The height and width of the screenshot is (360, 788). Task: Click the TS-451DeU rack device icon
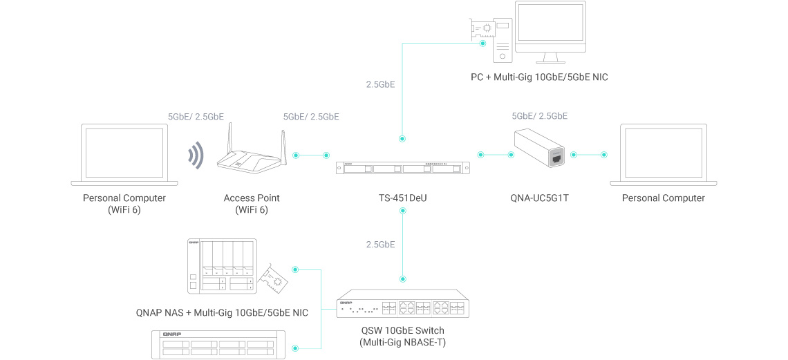[x=402, y=169]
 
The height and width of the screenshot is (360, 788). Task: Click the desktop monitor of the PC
[x=551, y=30]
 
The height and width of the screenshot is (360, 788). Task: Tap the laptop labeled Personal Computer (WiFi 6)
[x=124, y=155]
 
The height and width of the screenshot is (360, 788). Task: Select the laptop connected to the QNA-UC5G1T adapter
[x=663, y=155]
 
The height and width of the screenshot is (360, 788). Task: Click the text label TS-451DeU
[x=402, y=198]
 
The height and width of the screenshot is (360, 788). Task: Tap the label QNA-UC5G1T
[x=541, y=198]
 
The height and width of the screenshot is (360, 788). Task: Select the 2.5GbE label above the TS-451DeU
[x=380, y=85]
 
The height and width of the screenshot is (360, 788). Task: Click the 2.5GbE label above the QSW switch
[x=380, y=244]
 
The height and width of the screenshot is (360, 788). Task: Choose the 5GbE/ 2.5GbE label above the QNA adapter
[x=539, y=116]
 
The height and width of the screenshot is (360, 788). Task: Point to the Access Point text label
[x=252, y=198]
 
